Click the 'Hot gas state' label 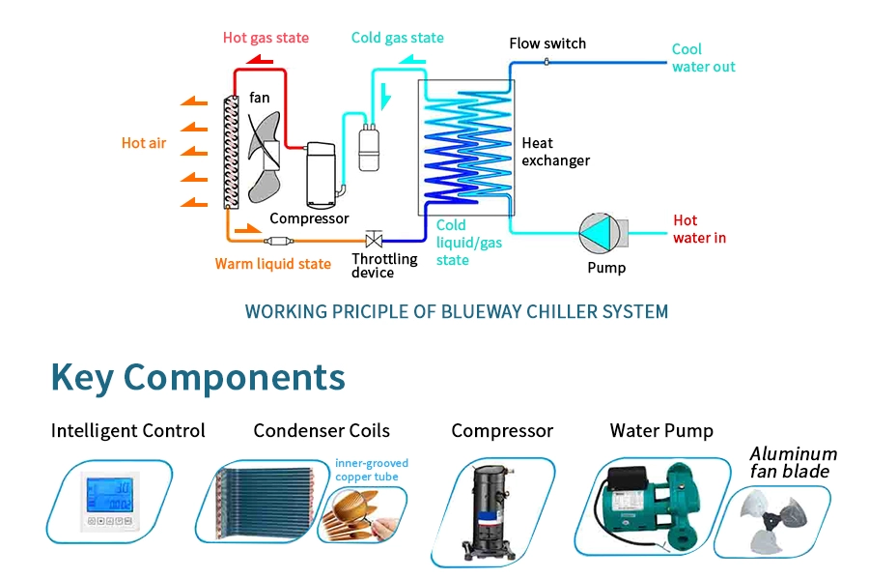tap(266, 38)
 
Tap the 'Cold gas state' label tap(397, 38)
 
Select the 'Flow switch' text tap(547, 43)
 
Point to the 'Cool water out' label tap(703, 58)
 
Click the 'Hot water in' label tap(699, 229)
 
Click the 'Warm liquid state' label tap(272, 264)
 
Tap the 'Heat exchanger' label tap(555, 152)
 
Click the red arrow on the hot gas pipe tap(259, 61)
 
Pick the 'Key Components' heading tap(198, 377)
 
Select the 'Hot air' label tap(144, 143)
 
